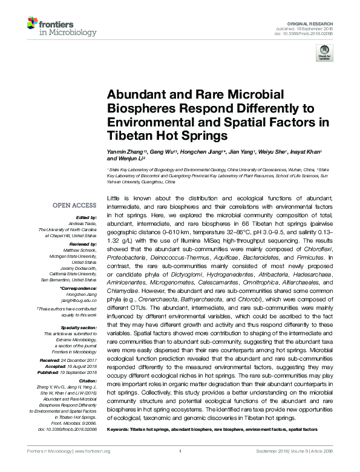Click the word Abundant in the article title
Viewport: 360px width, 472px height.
[x=131, y=94]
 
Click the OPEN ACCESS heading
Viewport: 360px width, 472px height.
[x=74, y=206]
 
